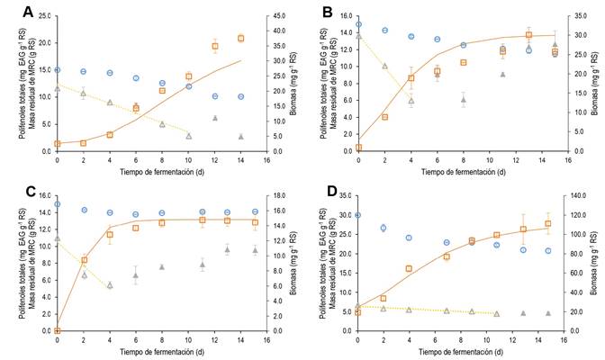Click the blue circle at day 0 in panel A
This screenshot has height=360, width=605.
pos(57,69)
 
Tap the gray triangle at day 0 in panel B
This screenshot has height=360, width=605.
pos(358,35)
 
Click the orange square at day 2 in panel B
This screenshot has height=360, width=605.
pos(384,116)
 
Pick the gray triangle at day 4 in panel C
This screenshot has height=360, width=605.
pos(109,284)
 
